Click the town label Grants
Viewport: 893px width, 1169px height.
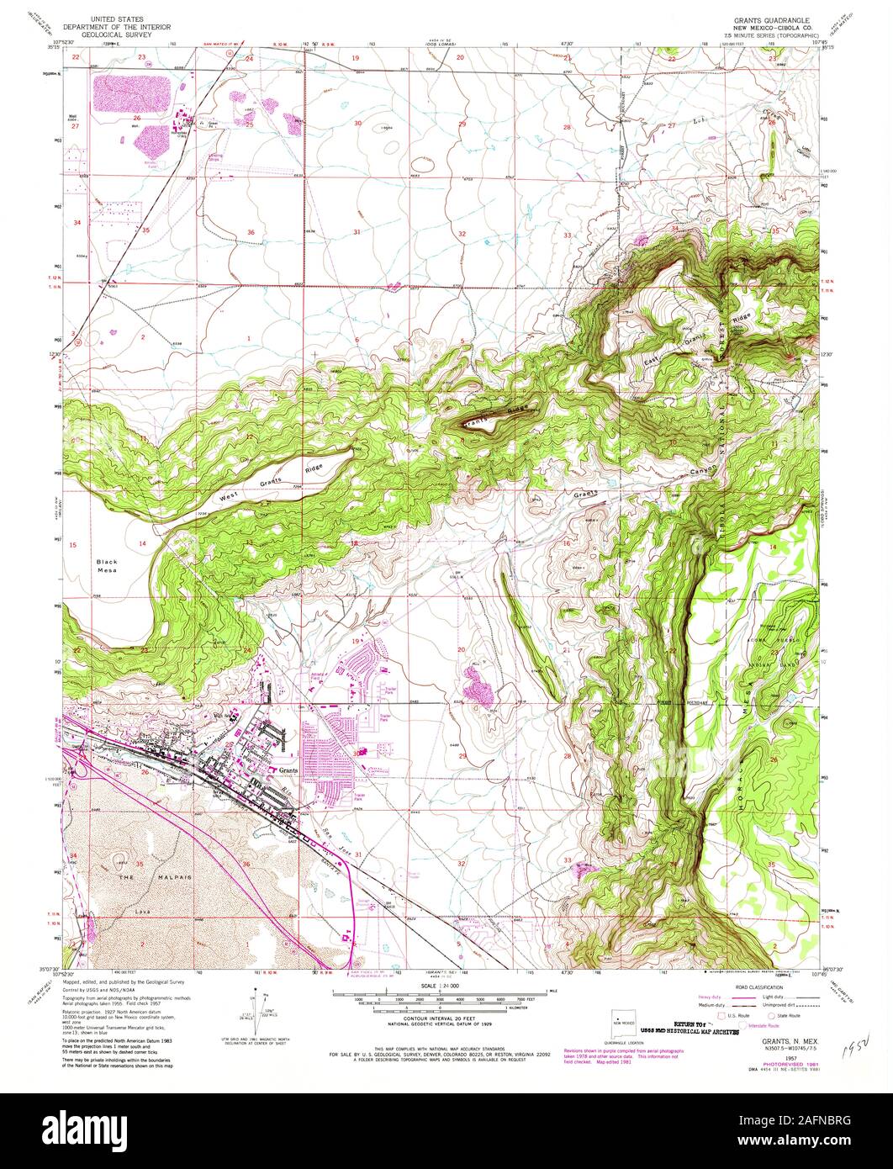coord(289,770)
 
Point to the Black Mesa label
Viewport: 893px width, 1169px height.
coord(108,566)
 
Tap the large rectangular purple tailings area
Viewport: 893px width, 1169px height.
coord(131,93)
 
